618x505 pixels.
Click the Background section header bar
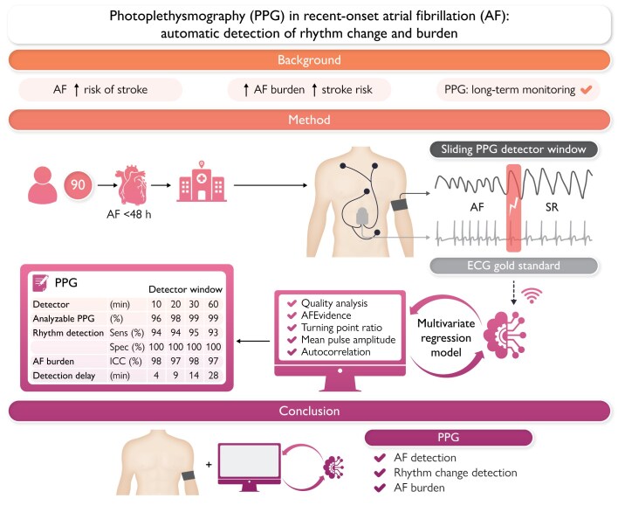pyautogui.click(x=308, y=61)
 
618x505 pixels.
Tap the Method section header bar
pyautogui.click(x=308, y=119)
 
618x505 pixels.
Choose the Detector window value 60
pyautogui.click(x=213, y=304)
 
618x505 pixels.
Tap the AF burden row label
pyautogui.click(x=58, y=358)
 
